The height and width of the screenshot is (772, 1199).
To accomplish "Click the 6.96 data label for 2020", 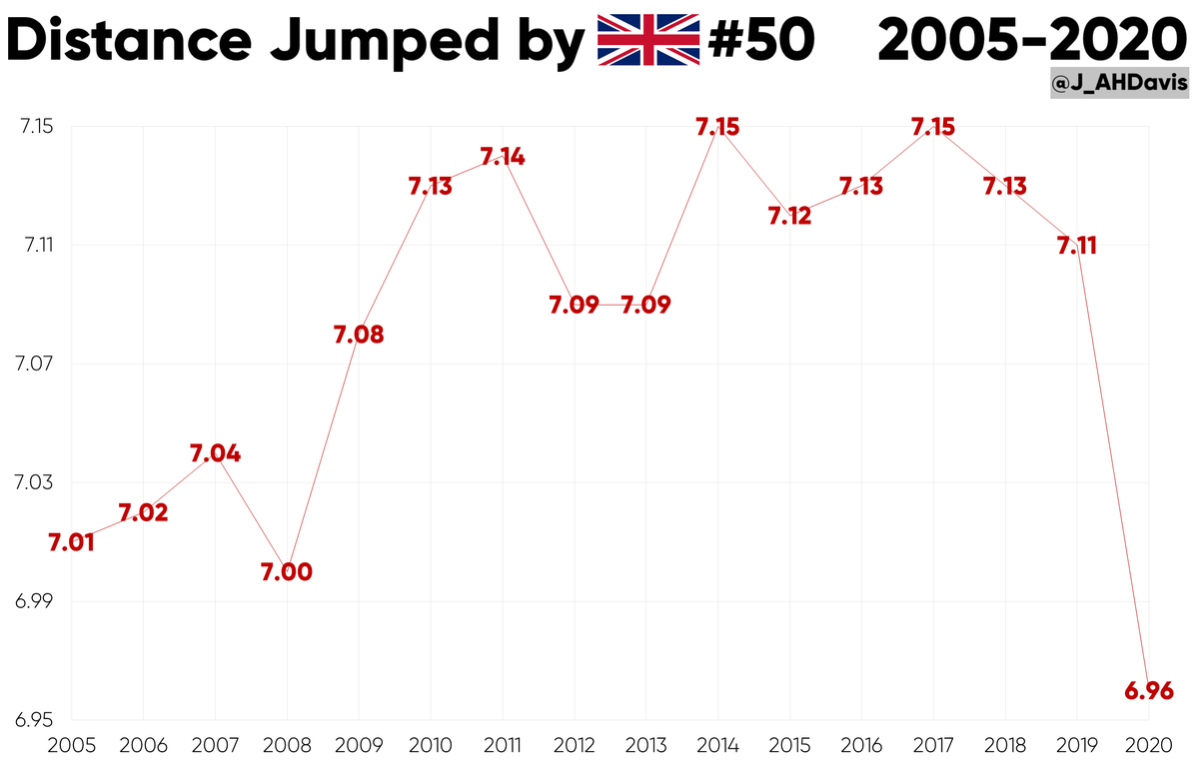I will coord(1148,691).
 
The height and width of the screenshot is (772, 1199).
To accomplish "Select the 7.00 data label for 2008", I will coord(287,573).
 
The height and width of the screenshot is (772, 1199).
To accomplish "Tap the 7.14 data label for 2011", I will coord(503,157).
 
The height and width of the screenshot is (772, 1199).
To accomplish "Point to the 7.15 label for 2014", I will coord(717,127).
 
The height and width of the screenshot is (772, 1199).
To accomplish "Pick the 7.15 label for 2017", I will coord(933,127).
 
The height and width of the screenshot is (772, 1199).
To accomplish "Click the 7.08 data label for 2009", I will coord(359,336).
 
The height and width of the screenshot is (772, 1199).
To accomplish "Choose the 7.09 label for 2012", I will coord(574,306).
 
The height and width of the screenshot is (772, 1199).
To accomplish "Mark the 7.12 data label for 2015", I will coord(789,216).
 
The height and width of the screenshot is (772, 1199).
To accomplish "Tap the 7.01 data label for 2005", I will coord(71,543).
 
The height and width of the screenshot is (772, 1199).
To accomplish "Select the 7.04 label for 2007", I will coord(215,454).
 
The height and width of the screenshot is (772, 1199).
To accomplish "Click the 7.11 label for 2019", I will coord(1076,246).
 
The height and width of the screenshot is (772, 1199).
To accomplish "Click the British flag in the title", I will coord(647,41).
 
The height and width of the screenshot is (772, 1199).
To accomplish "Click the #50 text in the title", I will coord(760,41).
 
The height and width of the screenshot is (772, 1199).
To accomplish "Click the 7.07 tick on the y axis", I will coord(34,365).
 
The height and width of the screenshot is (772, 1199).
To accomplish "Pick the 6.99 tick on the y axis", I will coord(34,602).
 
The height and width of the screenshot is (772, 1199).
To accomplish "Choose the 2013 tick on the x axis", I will coord(645,745).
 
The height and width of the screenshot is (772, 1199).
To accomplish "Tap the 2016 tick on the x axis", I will coord(861,745).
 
